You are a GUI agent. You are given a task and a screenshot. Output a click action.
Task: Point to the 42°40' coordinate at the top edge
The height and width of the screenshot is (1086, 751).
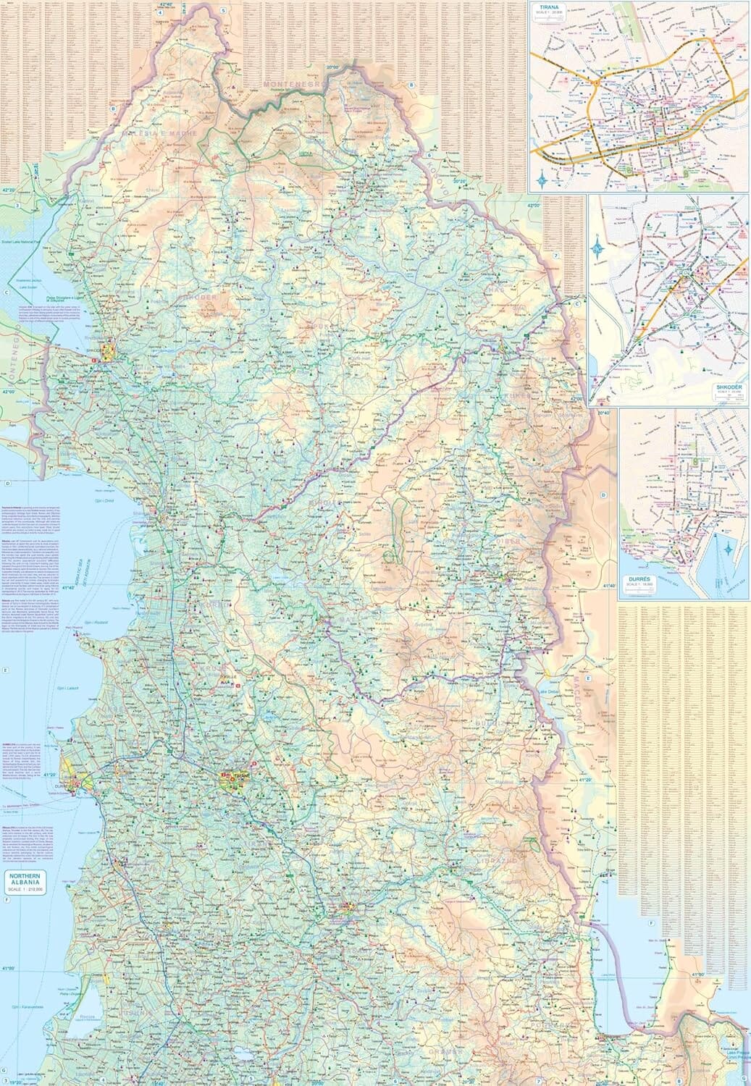coord(167,5)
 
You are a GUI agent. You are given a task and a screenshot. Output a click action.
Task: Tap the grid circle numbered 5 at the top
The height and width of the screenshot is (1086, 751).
coord(224,11)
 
